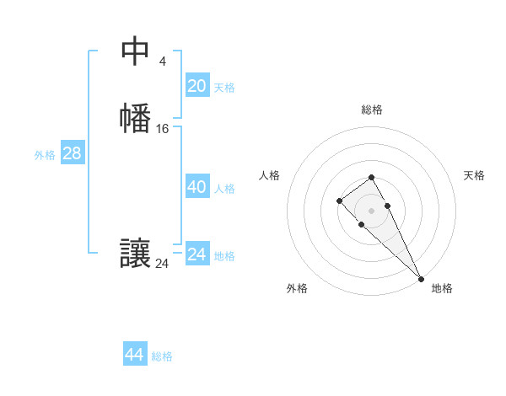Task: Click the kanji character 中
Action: pos(135,52)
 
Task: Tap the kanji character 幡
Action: pos(135,118)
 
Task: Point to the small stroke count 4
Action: pos(162,61)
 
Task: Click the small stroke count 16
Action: pos(163,129)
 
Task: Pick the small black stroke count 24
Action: pos(162,264)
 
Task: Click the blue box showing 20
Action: pos(197,86)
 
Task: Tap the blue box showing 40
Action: pos(197,187)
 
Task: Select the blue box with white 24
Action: pos(197,254)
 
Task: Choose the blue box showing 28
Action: pos(72,153)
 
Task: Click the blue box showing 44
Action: pos(135,355)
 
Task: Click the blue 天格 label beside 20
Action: pos(224,88)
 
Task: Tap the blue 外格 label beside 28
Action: pos(45,155)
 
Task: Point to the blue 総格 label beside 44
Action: pos(162,356)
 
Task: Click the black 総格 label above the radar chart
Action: pos(372,110)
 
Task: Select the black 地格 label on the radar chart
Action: pos(442,288)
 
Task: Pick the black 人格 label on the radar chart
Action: pos(269,175)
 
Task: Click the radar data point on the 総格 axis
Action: pos(371,177)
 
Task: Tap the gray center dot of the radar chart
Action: pos(371,211)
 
